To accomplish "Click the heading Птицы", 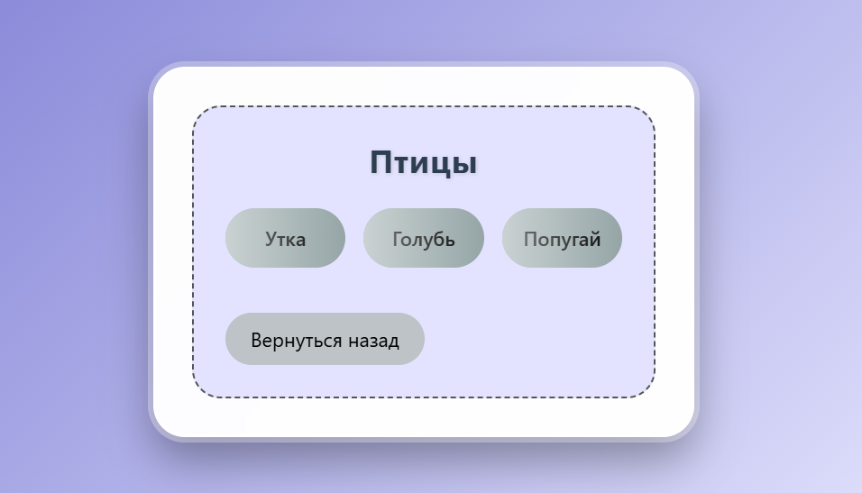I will pos(423,163).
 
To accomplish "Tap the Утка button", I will pos(285,239).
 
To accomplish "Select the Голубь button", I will pos(423,239).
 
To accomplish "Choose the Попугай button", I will pos(562,239).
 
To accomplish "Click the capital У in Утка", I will pos(271,240).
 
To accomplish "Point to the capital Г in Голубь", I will pos(398,239).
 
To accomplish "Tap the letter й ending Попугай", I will pos(594,239).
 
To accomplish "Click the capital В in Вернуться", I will pos(257,341).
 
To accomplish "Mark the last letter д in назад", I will pos(393,342).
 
